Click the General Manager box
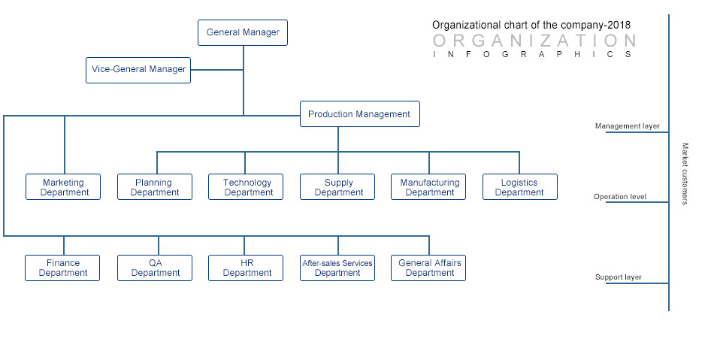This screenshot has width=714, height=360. click(x=243, y=33)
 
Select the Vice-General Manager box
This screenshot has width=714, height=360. click(x=138, y=70)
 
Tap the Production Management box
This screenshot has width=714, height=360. click(x=360, y=113)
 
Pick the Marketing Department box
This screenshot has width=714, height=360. click(x=63, y=186)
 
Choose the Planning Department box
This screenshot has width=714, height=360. click(x=155, y=186)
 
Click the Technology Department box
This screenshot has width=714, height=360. click(x=246, y=186)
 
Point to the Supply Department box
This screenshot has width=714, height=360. click(x=337, y=186)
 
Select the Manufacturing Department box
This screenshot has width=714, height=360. click(x=428, y=186)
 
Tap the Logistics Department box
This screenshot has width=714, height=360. click(x=520, y=186)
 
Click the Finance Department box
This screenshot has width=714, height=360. click(x=62, y=268)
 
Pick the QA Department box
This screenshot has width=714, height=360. click(x=155, y=268)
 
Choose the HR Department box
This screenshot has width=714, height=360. click(x=246, y=268)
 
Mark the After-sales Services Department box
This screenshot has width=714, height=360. click(x=337, y=268)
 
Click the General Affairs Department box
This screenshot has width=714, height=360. click(x=428, y=268)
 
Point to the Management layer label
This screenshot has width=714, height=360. click(x=627, y=126)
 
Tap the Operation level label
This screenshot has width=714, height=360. click(x=620, y=197)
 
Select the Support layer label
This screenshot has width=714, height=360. click(x=619, y=277)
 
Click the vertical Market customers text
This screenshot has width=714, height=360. click(x=685, y=174)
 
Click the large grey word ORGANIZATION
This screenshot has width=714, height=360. click(x=534, y=41)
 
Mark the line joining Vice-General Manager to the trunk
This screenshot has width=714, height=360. click(x=216, y=70)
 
